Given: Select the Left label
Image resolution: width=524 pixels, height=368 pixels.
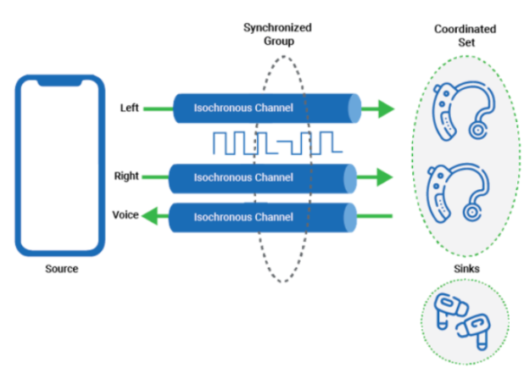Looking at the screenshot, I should click(x=130, y=108).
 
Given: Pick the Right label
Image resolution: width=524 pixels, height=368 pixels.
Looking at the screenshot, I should click(x=126, y=176).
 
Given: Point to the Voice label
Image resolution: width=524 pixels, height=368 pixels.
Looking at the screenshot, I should click(x=125, y=215).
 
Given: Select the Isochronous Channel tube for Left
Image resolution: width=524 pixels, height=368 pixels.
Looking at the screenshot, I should click(x=266, y=109).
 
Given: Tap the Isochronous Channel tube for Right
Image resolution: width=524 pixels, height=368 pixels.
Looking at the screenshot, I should click(x=265, y=177).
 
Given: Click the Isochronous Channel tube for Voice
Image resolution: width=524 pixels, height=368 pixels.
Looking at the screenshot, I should click(x=265, y=217).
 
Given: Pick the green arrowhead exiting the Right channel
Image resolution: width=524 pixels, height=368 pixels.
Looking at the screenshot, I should click(x=383, y=177).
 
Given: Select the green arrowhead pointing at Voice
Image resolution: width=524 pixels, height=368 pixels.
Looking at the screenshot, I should click(x=151, y=217).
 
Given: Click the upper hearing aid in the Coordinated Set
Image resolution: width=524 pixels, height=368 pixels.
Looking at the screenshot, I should click(x=458, y=115).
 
